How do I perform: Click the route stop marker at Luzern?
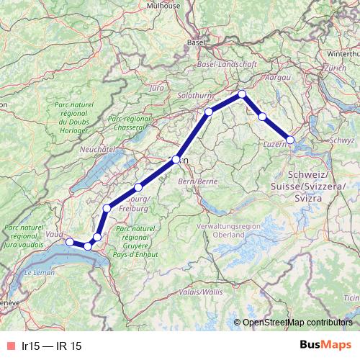point(291,140)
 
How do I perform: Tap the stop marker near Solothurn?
point(209,111)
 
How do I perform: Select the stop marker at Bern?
point(176,159)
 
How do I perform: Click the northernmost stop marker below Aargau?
point(243,94)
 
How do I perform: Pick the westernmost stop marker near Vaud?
point(70,241)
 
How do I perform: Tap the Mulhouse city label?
point(164,5)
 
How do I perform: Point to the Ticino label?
point(351,297)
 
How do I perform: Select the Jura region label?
point(156,87)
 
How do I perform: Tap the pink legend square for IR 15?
point(9,346)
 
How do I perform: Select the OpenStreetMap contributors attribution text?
point(297,323)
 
